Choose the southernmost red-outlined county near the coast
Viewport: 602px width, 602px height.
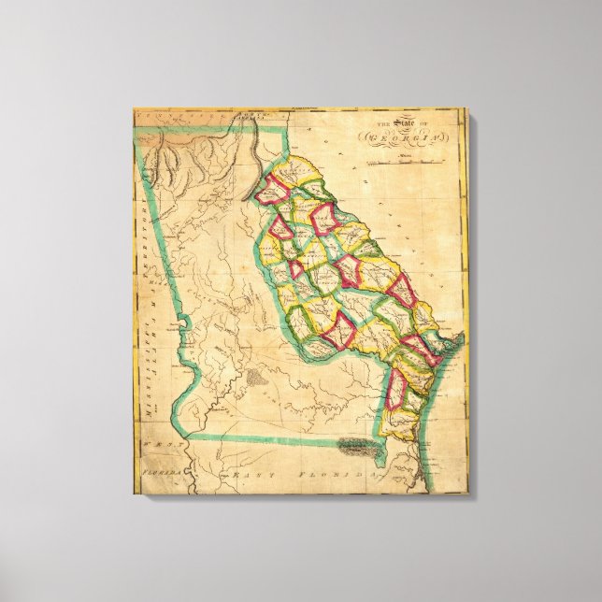coord(396,390)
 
